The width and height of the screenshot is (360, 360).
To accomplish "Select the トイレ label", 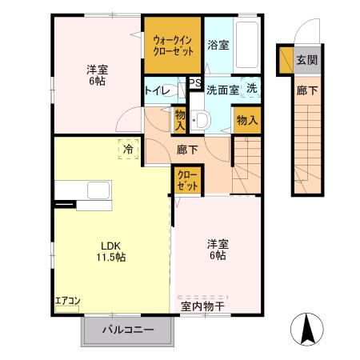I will (x=157, y=90).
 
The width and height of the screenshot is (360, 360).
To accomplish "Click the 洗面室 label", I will (x=222, y=90).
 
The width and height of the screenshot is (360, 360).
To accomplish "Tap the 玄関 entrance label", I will (x=306, y=59).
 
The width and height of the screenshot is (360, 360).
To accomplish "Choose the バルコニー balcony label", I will (x=128, y=329).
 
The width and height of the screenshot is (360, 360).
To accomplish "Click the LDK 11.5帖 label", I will (x=112, y=252).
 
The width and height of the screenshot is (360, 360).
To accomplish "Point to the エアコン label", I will (x=68, y=301).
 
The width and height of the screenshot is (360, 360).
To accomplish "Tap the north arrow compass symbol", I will (x=308, y=329).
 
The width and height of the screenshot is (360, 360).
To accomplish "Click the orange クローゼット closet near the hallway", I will (x=186, y=180).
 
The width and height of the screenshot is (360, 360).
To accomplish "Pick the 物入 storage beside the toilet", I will (x=180, y=121).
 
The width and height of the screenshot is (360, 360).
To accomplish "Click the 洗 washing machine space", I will (x=251, y=89).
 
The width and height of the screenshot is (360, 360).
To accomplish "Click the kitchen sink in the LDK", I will (x=99, y=191).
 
